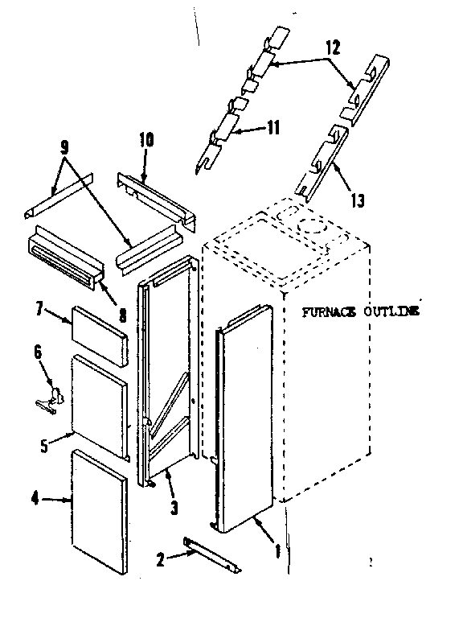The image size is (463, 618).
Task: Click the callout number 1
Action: [277, 553]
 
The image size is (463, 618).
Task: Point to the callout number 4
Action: [36, 500]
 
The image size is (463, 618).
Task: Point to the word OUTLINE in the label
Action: [391, 311]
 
